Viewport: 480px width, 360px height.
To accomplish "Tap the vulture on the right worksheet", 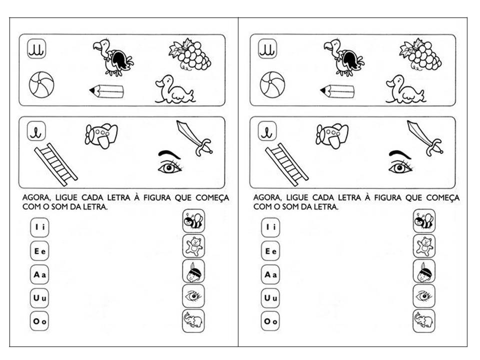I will tap(344, 57).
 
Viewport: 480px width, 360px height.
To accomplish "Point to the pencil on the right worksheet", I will tap(337, 91).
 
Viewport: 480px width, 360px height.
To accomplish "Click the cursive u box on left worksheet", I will tap(36, 49).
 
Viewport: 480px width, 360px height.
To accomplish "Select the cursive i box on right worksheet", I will tap(267, 131).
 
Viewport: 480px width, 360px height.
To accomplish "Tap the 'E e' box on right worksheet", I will tap(270, 251).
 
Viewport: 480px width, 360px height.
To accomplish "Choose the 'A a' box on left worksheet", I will tap(39, 274).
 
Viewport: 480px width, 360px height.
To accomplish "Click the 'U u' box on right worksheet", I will tap(270, 298).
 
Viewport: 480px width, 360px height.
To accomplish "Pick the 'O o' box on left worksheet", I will tap(39, 321).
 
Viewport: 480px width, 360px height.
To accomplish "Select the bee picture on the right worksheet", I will tap(424, 221).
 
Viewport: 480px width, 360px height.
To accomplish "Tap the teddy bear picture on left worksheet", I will tap(193, 246).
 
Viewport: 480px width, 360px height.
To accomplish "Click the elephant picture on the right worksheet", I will tap(424, 320).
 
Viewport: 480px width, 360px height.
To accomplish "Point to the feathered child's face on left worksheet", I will tap(193, 271).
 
